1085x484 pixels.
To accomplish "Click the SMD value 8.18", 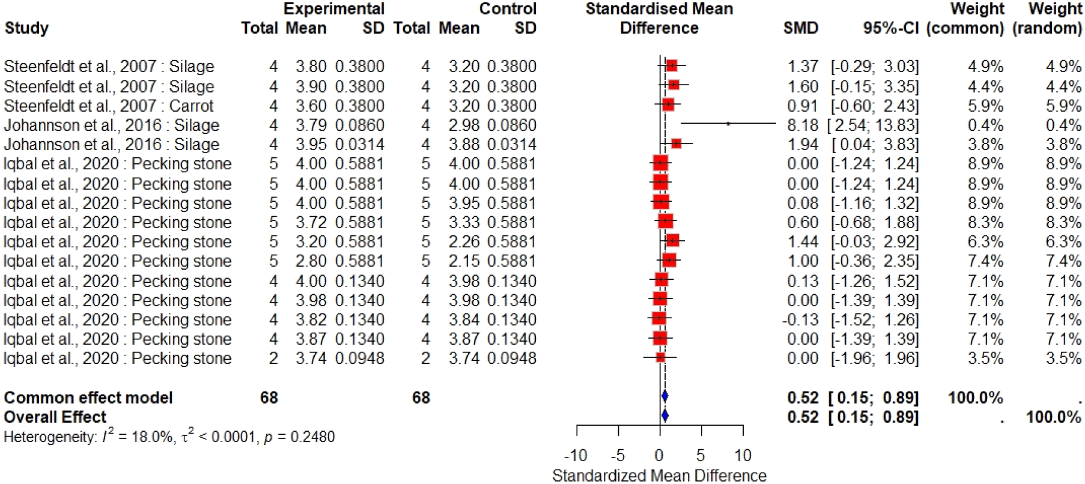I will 803,126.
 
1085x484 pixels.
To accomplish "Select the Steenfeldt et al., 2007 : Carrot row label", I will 109,106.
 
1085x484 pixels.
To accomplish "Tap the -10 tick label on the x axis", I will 576,456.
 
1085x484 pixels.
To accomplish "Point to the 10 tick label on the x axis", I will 743,456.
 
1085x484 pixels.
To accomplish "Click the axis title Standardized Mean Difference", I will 659,476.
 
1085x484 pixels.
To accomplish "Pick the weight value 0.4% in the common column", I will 985,126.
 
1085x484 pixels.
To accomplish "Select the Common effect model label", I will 88,398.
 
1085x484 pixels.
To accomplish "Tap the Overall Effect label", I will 55,417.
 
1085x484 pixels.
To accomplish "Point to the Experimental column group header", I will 334,9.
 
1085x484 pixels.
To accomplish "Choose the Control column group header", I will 508,9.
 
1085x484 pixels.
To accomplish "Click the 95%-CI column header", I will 891,28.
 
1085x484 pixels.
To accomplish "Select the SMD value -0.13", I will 800,319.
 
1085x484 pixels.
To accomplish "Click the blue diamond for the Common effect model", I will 664,396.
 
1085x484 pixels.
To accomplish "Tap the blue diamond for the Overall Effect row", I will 664,416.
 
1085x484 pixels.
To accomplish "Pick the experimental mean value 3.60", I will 311,106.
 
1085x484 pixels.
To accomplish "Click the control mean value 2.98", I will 464,126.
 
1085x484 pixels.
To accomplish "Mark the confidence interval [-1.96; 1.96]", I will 875,358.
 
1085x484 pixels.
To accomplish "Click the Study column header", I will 26,28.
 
